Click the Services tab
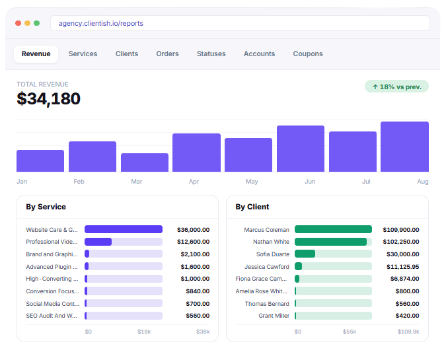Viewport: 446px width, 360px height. click(83, 54)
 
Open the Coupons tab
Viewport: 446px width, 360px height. click(308, 54)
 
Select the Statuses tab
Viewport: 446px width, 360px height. click(211, 54)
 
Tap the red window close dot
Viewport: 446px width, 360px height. click(19, 23)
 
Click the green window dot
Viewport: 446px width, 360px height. click(37, 23)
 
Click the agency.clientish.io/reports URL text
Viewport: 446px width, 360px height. click(100, 23)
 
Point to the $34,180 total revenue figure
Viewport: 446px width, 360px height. click(49, 98)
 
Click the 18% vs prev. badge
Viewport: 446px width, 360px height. click(396, 87)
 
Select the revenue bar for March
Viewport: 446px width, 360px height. click(145, 162)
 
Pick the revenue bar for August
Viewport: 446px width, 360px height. click(404, 147)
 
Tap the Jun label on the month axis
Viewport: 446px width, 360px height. click(310, 182)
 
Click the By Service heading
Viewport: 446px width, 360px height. click(46, 207)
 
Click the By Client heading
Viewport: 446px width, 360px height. click(252, 207)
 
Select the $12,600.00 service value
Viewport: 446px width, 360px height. click(193, 242)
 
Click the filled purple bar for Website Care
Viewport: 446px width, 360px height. click(124, 229)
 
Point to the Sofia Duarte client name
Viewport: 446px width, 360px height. click(272, 254)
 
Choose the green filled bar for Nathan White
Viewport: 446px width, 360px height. click(330, 242)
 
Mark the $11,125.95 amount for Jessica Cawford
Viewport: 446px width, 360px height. click(402, 267)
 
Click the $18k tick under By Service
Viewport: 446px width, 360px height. click(144, 332)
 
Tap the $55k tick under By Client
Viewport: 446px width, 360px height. click(350, 332)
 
